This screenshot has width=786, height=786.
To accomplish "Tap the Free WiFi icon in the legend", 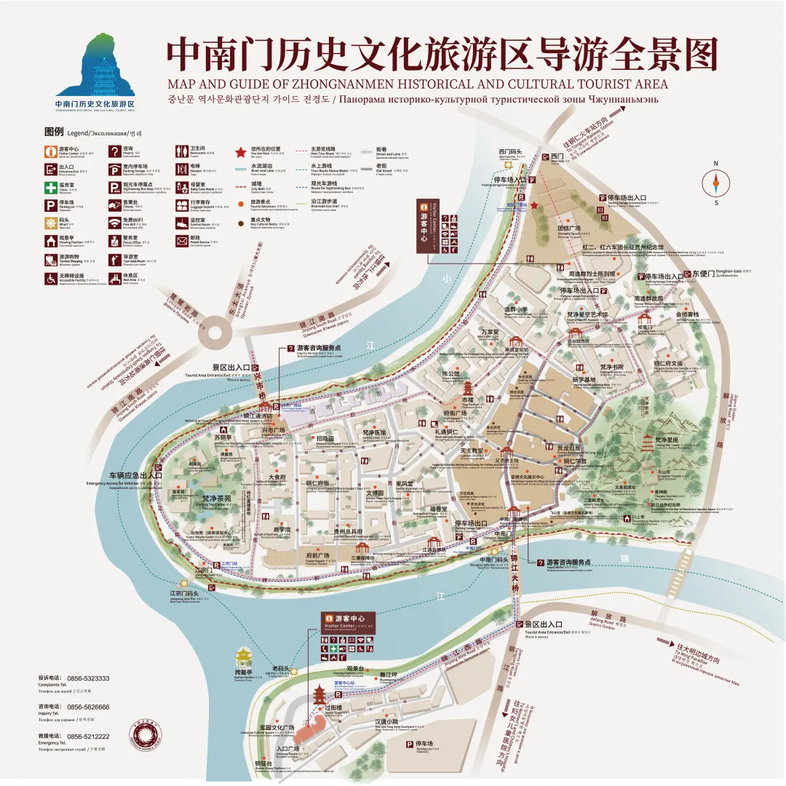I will [114, 223].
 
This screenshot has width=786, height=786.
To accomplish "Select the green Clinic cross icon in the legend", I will [50, 187].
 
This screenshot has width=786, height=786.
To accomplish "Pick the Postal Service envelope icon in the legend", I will [183, 240].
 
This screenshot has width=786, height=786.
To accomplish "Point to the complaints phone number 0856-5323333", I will [88, 678].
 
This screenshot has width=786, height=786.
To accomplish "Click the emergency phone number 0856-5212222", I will [88, 737].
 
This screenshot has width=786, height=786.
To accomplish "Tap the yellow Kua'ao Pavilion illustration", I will [242, 657].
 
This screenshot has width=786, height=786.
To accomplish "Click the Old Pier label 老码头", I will [281, 669].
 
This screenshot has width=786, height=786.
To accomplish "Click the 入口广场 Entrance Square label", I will [287, 749].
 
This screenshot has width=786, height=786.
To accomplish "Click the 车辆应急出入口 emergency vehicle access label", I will [135, 475].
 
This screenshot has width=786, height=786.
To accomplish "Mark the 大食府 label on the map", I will [277, 478].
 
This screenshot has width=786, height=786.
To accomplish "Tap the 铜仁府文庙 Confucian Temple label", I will [668, 363].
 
